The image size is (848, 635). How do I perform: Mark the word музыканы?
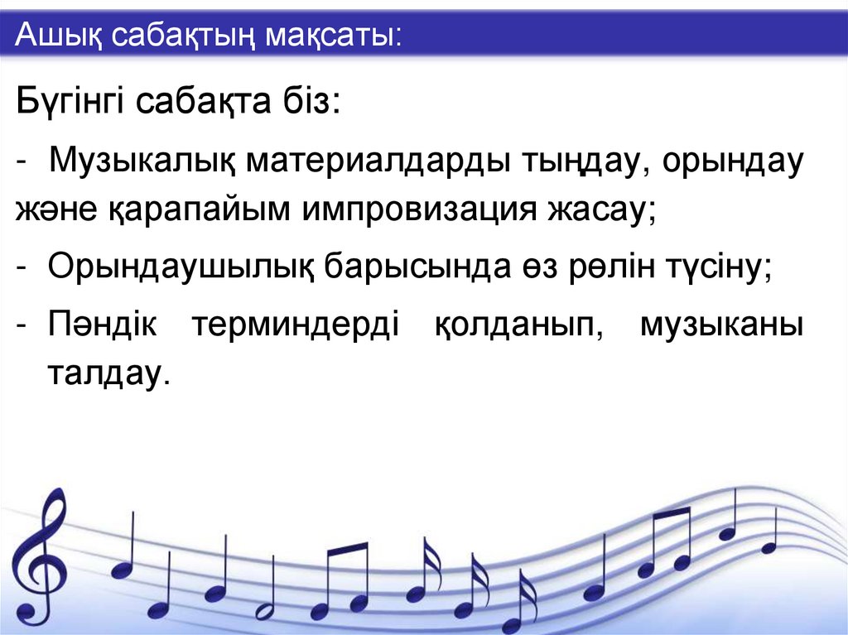[720, 325]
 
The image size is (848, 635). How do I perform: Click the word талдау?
[107, 373]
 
